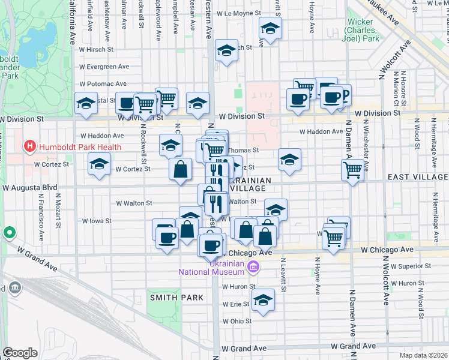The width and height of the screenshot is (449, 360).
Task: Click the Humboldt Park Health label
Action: click(80, 146)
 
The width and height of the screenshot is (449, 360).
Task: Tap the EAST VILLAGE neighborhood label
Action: click(418, 177)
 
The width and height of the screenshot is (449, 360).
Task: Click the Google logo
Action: click(20, 353)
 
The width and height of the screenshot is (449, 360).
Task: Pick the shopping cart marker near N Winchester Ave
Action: click(352, 169)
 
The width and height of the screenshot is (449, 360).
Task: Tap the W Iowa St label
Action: click(97, 221)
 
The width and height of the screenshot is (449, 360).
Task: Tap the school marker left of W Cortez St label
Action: click(99, 164)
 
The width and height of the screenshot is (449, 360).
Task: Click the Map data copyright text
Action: click(424, 355)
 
